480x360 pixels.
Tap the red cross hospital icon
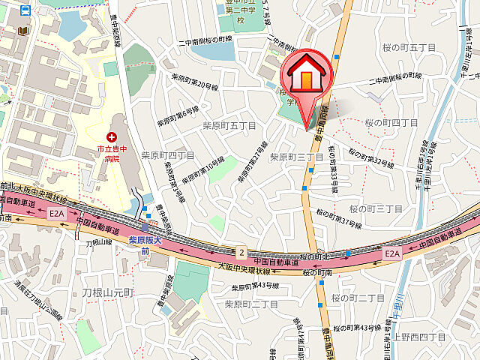pyautogui.click(x=112, y=137)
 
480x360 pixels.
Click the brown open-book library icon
pyautogui.click(x=24, y=30)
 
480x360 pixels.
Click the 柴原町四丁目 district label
pyautogui.click(x=167, y=155)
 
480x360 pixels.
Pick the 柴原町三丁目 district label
pyautogui.click(x=295, y=157)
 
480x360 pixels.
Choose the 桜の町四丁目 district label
pyautogui.click(x=391, y=121)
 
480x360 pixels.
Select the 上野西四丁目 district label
pyautogui.click(x=430, y=317)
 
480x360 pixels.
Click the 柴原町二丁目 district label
pyautogui.click(x=251, y=304)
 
